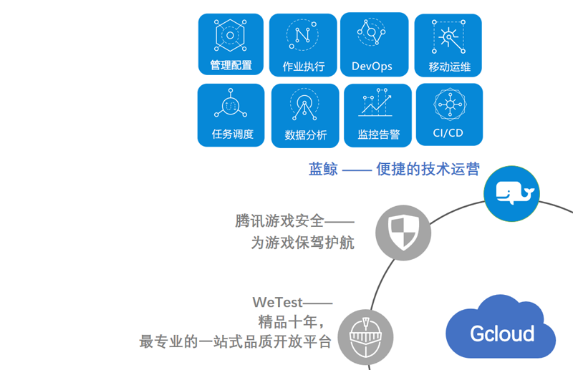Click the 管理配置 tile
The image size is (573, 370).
click(231, 44)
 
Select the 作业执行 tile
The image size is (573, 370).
click(303, 45)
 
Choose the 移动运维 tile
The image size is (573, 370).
click(448, 45)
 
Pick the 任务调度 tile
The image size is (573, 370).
click(231, 115)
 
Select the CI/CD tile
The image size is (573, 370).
click(449, 115)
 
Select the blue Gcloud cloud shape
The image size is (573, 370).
click(501, 332)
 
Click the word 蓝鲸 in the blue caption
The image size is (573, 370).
click(322, 170)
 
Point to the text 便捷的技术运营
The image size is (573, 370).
click(428, 170)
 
